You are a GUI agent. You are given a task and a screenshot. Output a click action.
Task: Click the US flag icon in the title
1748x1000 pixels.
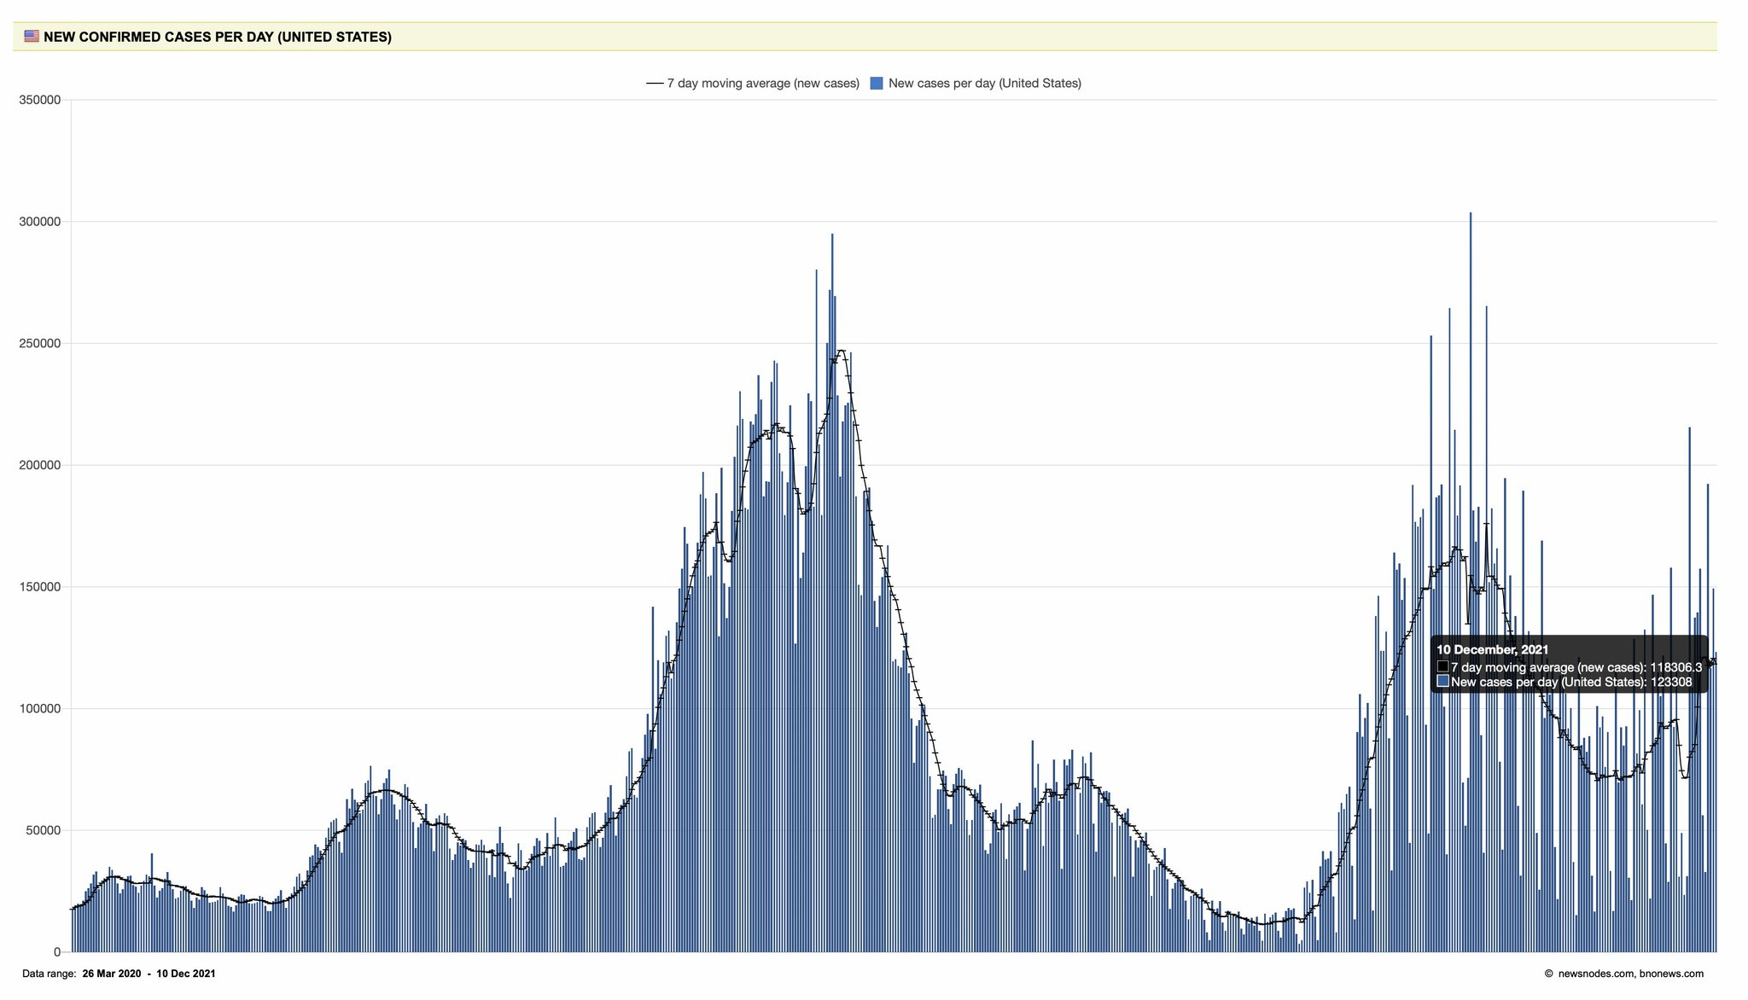[x=32, y=37]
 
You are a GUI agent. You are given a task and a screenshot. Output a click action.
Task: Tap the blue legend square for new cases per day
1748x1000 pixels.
[x=876, y=84]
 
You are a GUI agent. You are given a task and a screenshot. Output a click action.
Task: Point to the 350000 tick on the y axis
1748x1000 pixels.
[x=39, y=100]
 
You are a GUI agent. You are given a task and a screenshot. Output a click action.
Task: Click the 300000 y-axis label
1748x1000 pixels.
[x=39, y=222]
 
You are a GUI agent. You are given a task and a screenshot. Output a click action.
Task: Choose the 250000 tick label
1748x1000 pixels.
[x=39, y=344]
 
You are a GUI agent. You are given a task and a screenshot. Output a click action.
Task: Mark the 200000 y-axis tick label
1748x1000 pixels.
[x=39, y=465]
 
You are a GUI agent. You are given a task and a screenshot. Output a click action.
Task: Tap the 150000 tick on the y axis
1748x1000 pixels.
[x=39, y=587]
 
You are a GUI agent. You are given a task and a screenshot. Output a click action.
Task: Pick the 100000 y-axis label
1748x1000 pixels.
[x=39, y=709]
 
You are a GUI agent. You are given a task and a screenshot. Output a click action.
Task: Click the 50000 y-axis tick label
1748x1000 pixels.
[x=43, y=830]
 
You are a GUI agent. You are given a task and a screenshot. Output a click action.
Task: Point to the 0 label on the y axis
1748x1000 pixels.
[x=57, y=952]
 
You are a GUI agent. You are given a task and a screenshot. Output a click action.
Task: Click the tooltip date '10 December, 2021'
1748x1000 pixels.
[x=1492, y=649]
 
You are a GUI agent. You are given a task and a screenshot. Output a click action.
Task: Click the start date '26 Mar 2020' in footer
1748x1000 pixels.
[x=112, y=974]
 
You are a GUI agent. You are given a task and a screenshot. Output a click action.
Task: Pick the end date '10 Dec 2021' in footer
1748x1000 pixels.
[x=185, y=974]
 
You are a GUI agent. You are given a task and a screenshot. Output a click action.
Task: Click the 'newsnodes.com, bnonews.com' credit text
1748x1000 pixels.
[x=1630, y=974]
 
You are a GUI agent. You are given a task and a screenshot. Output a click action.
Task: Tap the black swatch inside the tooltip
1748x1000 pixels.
[x=1442, y=667]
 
